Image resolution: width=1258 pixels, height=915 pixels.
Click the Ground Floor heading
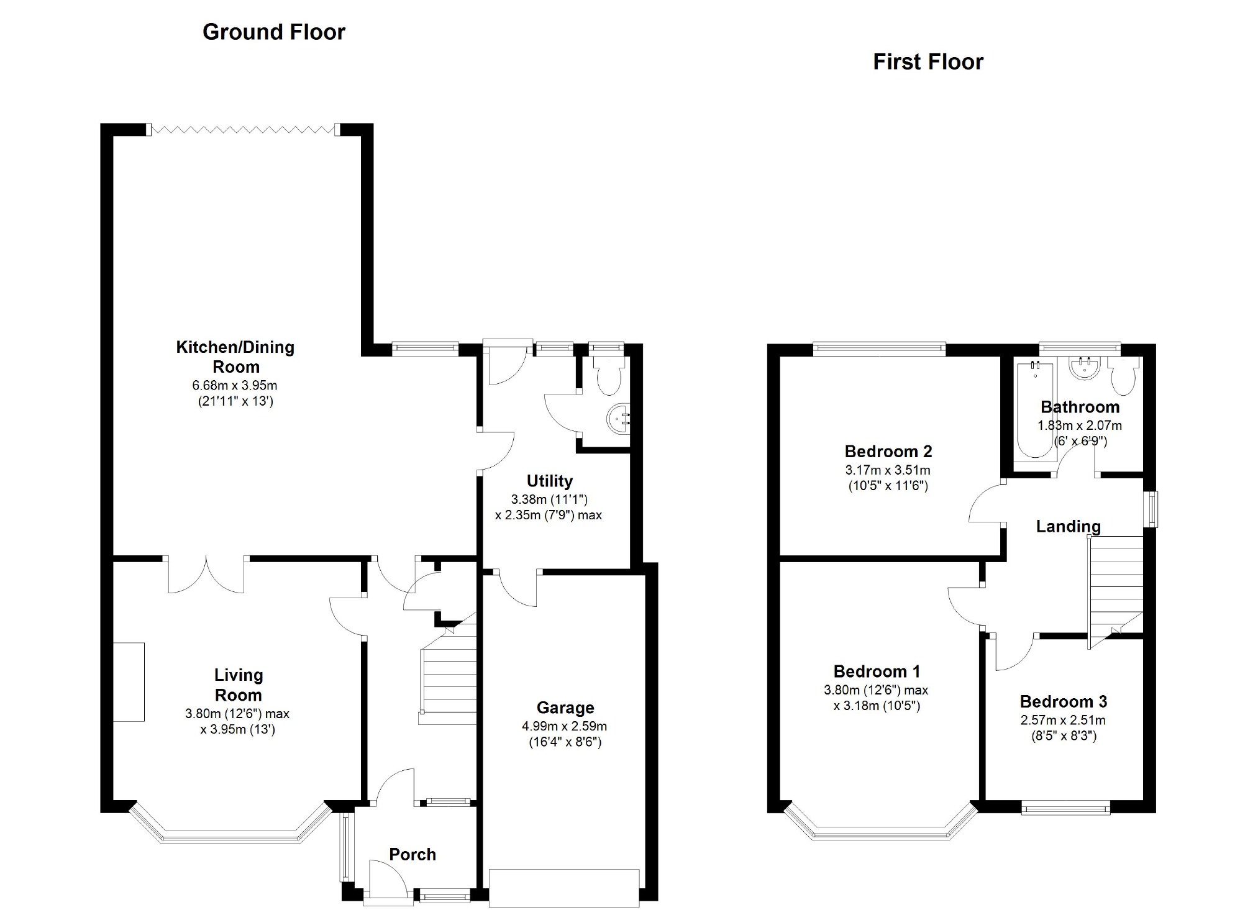[274, 32]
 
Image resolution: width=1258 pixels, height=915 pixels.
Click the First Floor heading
[928, 61]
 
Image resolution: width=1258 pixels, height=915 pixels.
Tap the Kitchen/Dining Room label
[235, 357]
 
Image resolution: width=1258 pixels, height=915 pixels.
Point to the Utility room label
[549, 481]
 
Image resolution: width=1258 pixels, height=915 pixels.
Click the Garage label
[565, 708]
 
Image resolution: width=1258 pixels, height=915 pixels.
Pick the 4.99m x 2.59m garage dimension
[565, 726]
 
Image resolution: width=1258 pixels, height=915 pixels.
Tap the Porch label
[412, 854]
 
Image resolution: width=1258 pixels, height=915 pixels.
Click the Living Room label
[238, 685]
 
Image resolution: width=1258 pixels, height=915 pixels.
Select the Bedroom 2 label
[888, 451]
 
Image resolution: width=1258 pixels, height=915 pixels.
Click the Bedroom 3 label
[1064, 701]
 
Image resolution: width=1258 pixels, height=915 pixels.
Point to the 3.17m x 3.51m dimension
[888, 470]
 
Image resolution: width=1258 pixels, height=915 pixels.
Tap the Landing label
[1068, 526]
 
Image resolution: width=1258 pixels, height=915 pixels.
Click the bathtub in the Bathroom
[1034, 409]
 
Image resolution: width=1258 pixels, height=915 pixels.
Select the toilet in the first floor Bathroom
[1124, 376]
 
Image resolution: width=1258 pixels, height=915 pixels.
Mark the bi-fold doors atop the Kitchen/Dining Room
[244, 129]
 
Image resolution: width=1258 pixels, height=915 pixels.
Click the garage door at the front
[564, 888]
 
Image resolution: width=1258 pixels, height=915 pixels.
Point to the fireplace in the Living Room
[129, 682]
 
